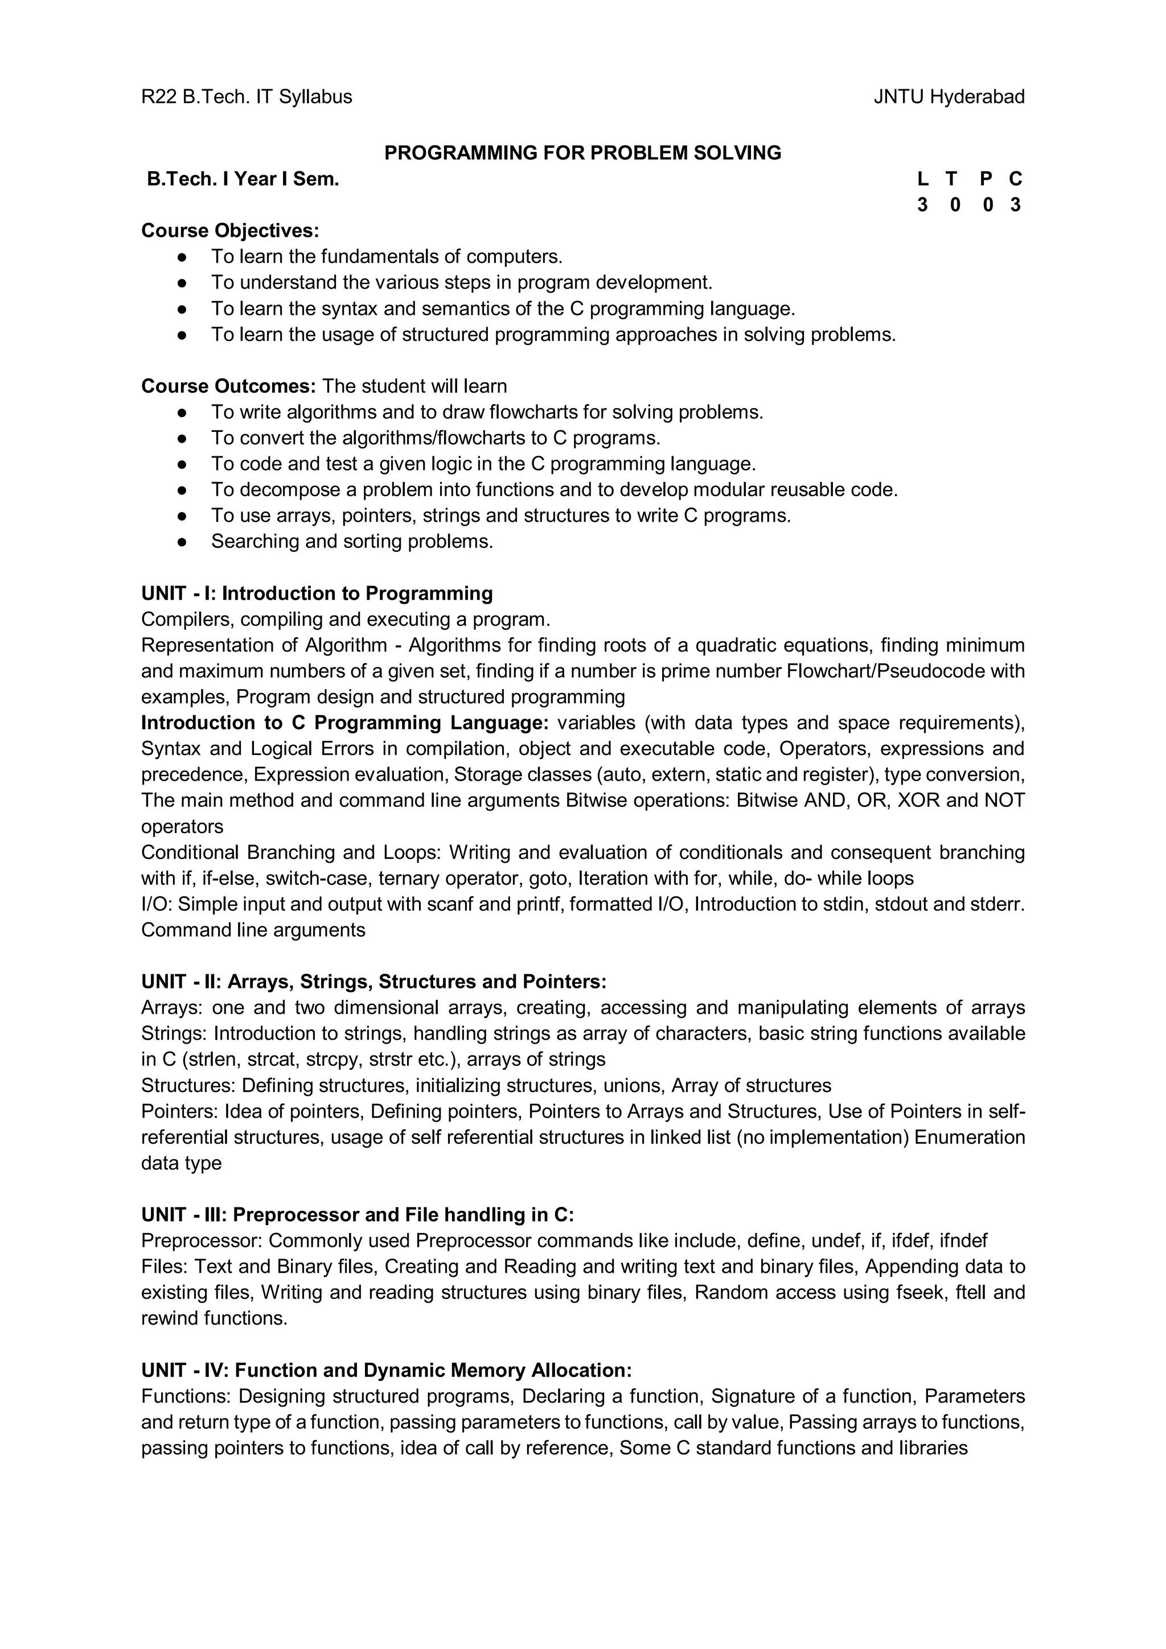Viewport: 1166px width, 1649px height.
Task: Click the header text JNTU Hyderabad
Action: coord(949,96)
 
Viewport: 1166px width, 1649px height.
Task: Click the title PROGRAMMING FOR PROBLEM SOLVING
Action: coord(582,152)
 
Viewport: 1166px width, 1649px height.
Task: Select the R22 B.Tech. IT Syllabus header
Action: coord(247,96)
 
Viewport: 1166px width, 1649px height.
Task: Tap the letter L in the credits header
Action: coord(922,179)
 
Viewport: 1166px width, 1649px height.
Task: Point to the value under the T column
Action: coord(954,205)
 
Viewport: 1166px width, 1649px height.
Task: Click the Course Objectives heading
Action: coord(230,230)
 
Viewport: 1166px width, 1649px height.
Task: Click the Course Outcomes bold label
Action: coord(228,386)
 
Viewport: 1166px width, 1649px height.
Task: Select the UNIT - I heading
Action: coord(317,593)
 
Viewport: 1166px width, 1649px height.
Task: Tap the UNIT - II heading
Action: coord(373,982)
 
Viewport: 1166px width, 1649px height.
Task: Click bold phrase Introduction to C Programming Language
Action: coord(345,723)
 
